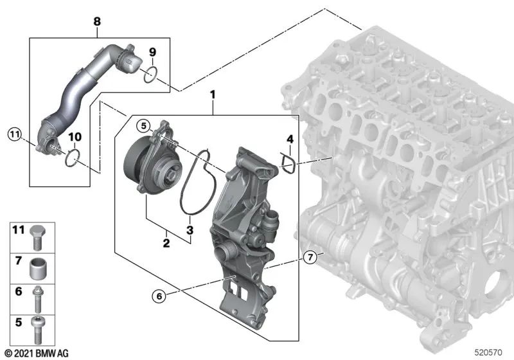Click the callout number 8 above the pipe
tap(97, 22)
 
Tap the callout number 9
tap(152, 51)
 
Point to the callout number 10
tap(75, 137)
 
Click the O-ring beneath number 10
tap(73, 156)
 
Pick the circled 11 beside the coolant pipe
tap(15, 134)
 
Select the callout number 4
tap(290, 139)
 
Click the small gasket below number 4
tap(288, 163)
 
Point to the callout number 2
tap(166, 243)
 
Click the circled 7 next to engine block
tap(310, 258)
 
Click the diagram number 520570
tap(489, 352)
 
